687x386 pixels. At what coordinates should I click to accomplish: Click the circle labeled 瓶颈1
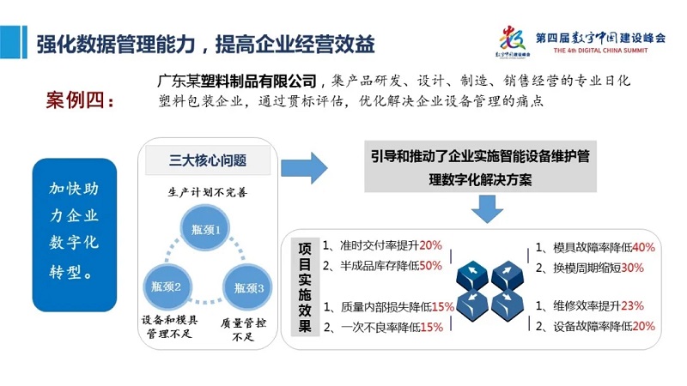[205, 228]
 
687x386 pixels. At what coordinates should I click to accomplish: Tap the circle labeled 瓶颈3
[247, 287]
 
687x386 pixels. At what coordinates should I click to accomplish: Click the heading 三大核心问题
[208, 160]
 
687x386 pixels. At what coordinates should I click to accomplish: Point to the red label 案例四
[80, 100]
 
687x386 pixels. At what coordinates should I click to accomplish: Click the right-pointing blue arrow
[304, 168]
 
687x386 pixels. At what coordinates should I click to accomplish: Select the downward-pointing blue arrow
[487, 209]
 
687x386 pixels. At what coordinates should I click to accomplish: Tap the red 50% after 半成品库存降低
[431, 266]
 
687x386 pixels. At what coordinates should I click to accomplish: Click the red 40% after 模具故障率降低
[643, 248]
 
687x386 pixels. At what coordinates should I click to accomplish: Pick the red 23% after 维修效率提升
[632, 305]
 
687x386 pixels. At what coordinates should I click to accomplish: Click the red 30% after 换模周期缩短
[632, 268]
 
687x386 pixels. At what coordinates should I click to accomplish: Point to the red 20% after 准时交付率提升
[431, 245]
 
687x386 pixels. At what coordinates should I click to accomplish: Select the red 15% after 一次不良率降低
[432, 327]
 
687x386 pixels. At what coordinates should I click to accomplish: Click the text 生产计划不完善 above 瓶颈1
[208, 192]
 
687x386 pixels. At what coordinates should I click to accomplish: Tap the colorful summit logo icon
[513, 39]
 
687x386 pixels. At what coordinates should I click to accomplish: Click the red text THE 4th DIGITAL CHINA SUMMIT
[600, 51]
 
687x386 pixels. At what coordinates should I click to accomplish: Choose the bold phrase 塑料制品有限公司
[258, 81]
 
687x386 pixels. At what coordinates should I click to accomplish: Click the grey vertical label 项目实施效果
[305, 287]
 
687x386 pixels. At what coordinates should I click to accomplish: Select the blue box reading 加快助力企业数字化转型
[75, 235]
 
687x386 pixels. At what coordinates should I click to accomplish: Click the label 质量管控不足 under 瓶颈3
[243, 329]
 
